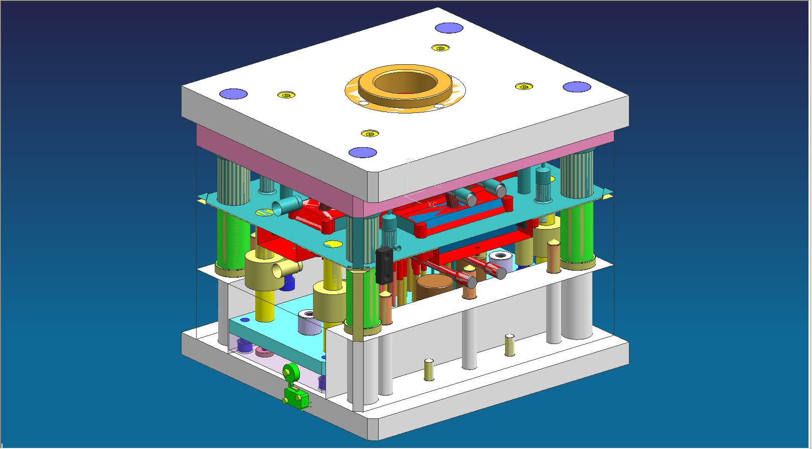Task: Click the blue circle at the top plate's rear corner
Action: (448, 28)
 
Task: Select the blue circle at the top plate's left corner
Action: (234, 93)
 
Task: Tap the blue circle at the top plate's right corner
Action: (576, 87)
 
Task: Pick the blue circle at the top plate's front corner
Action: (363, 153)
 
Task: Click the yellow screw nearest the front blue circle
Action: (370, 134)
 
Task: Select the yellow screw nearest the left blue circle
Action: (286, 95)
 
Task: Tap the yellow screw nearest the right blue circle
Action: (524, 86)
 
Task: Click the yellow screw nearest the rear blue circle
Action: (440, 48)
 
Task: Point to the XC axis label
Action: (432, 204)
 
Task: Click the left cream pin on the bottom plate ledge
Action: (429, 370)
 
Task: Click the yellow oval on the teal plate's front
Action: (333, 245)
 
